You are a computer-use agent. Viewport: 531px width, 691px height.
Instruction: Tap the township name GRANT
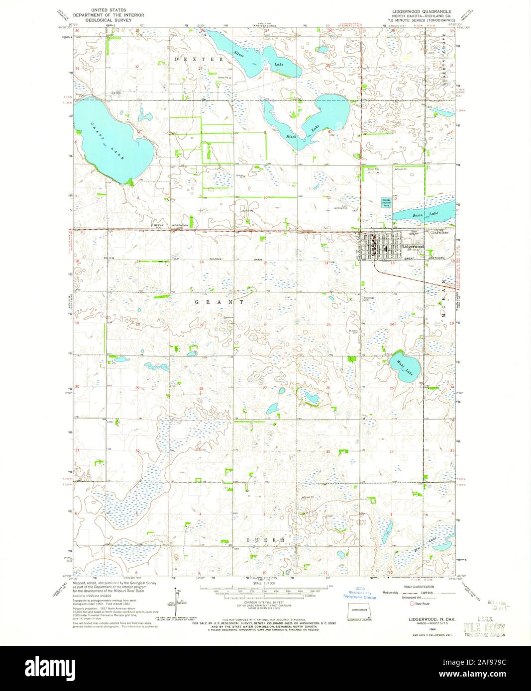(x=219, y=302)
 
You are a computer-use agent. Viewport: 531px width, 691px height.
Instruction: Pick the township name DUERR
(x=266, y=539)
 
